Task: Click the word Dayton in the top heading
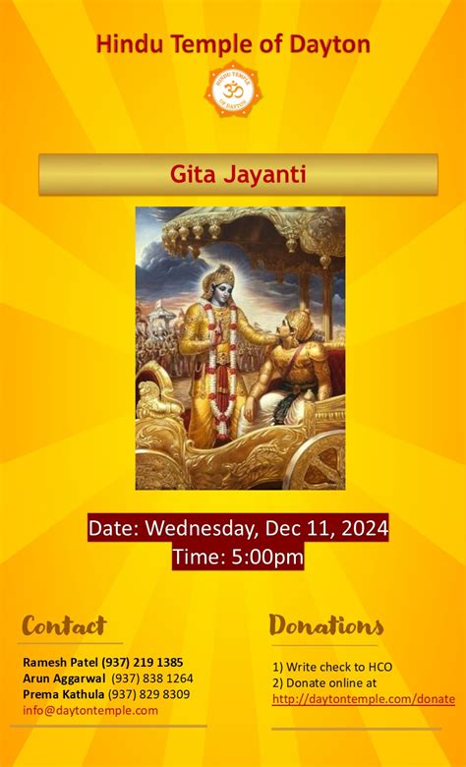(329, 44)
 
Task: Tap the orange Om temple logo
(233, 91)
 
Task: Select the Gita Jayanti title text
(238, 175)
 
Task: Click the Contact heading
(64, 625)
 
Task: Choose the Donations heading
(326, 625)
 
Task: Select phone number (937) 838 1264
(152, 678)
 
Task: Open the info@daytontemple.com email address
(90, 709)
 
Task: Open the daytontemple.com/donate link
(364, 699)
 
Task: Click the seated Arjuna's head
(296, 325)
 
